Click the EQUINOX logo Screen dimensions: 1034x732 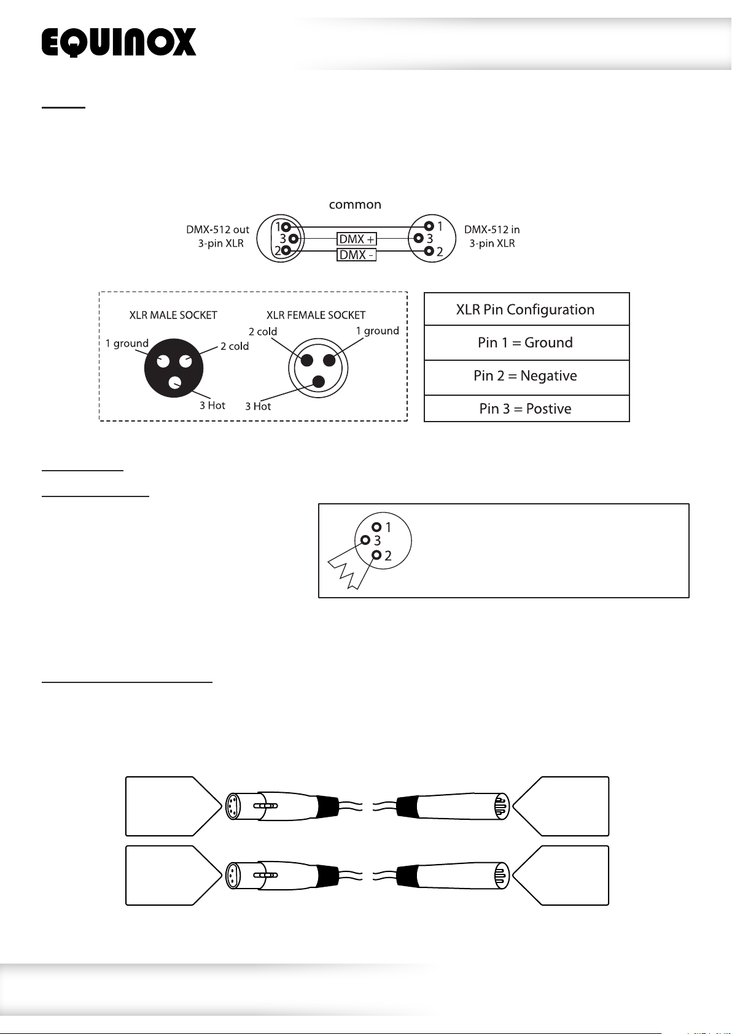click(x=119, y=43)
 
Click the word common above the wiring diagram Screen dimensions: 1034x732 click(x=355, y=205)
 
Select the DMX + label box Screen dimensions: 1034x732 click(x=357, y=239)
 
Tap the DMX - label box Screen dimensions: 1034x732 click(x=356, y=255)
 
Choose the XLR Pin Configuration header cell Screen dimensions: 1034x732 click(x=526, y=309)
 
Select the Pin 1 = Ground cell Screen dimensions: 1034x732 click(x=526, y=342)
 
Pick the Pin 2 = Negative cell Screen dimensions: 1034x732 click(x=526, y=376)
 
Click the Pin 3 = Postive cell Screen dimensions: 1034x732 click(x=526, y=409)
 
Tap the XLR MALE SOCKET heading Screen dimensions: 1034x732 click(x=173, y=315)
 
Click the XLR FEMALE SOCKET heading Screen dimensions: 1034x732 click(x=316, y=315)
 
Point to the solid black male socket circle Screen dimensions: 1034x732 click(x=174, y=368)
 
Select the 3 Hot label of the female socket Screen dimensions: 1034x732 click(x=258, y=406)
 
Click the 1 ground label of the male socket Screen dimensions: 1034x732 click(x=127, y=343)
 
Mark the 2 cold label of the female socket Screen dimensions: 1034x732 click(x=263, y=331)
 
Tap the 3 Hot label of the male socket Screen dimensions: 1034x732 click(x=212, y=406)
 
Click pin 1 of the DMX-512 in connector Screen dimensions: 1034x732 click(x=429, y=226)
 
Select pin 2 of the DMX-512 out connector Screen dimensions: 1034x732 click(x=286, y=250)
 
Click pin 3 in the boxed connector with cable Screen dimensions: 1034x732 click(x=366, y=540)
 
